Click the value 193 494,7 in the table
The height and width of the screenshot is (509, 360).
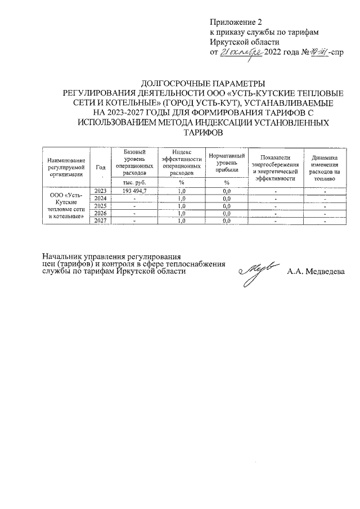click(x=130, y=191)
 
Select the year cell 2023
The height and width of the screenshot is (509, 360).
click(x=100, y=191)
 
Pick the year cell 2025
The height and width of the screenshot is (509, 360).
click(x=100, y=206)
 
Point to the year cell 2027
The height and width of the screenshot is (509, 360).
click(x=100, y=220)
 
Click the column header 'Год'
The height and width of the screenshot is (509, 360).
click(x=100, y=167)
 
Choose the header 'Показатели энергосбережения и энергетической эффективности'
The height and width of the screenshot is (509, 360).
click(x=275, y=167)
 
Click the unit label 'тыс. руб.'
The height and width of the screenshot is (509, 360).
click(x=130, y=182)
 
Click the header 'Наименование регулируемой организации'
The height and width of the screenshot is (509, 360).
click(x=66, y=167)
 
